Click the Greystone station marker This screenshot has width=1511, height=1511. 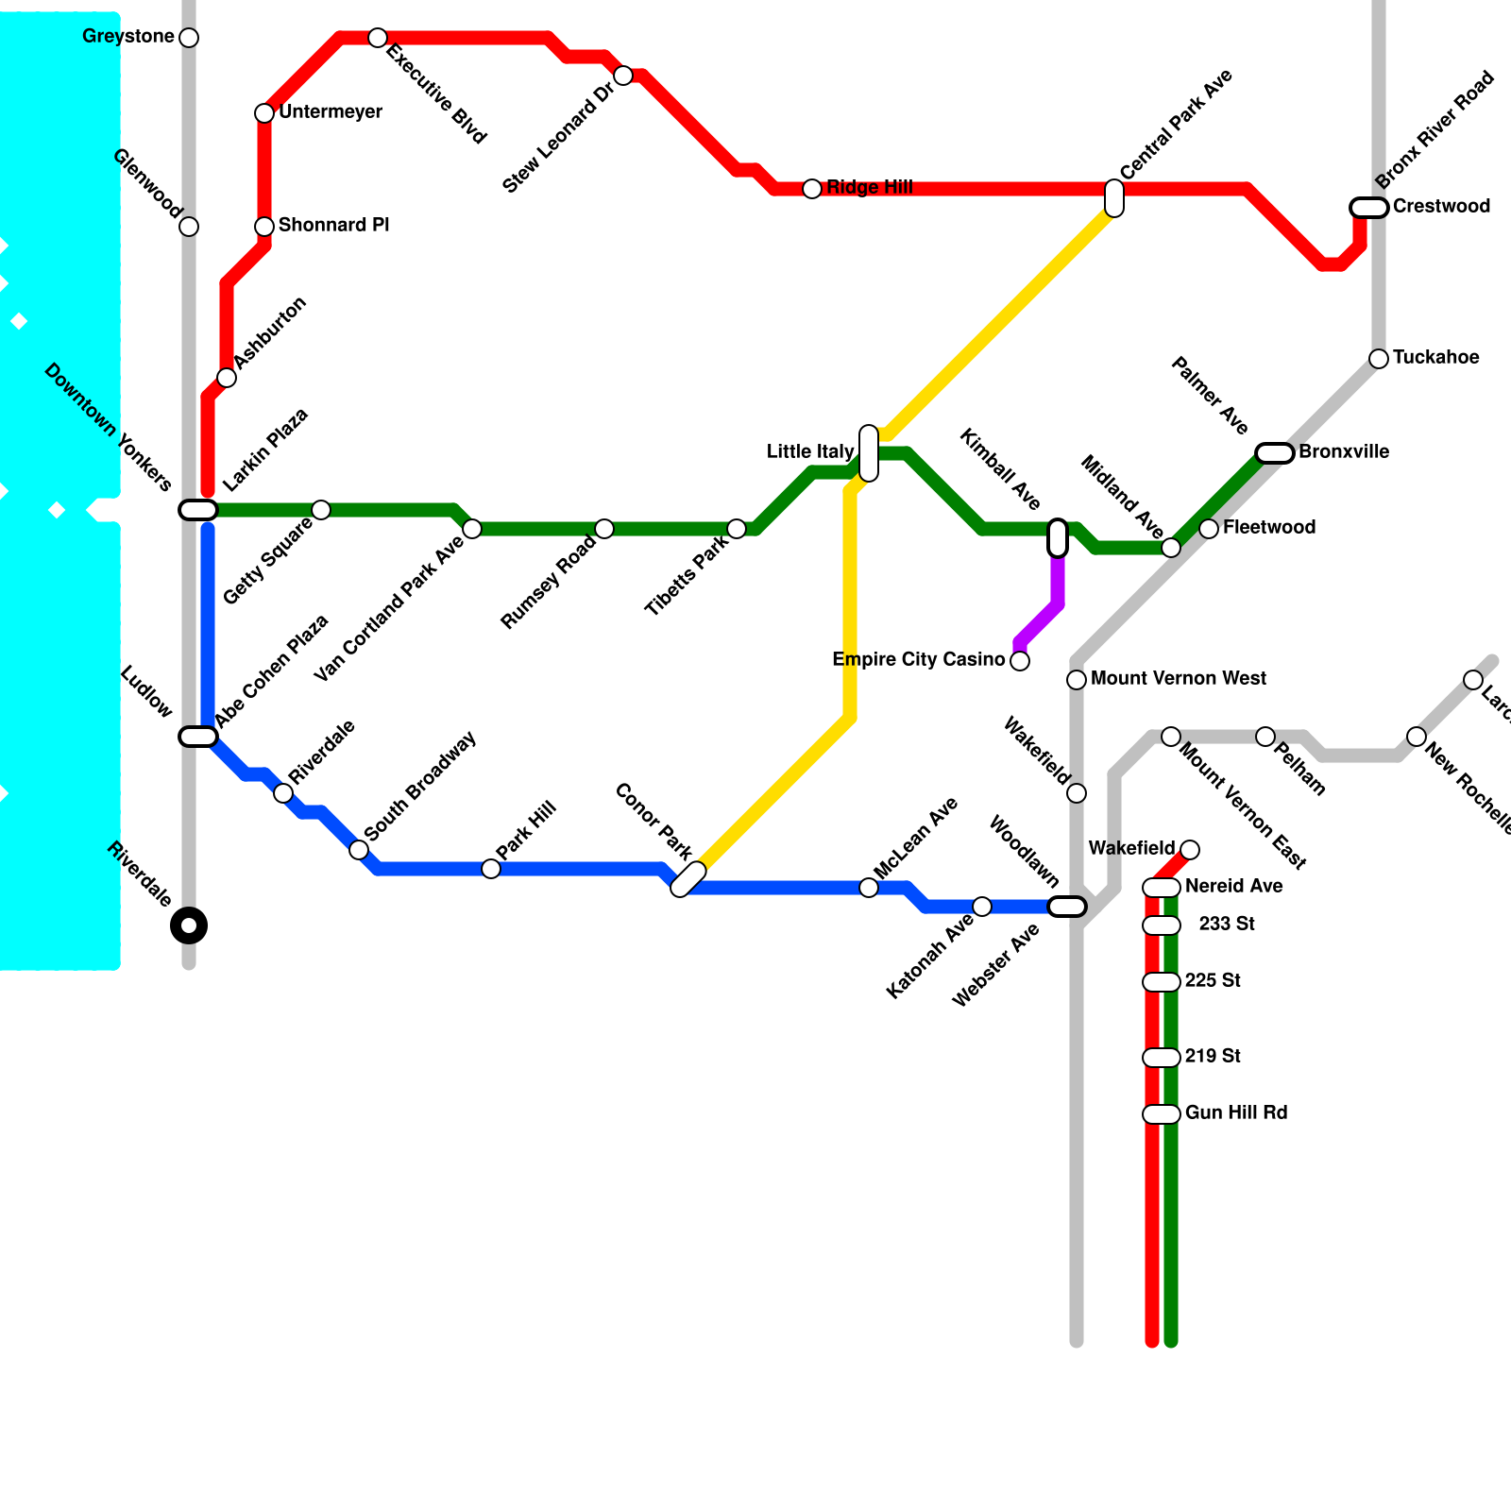[189, 38]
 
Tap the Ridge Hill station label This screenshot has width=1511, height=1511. [869, 188]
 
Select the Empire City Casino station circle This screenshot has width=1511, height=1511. [1020, 661]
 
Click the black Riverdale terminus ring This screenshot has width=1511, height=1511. [189, 925]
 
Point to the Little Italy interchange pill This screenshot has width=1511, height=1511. [869, 453]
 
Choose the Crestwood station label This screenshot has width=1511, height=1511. [1441, 207]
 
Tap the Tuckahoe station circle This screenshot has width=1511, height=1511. [1379, 359]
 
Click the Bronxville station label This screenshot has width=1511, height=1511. [1343, 452]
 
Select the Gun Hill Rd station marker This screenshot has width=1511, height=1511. [1162, 1114]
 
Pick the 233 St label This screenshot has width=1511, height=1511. [1226, 925]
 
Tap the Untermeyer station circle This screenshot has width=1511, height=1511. [264, 113]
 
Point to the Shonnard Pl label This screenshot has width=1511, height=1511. [333, 226]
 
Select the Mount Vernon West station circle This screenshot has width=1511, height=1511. [1077, 680]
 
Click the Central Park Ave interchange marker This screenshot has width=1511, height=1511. [1114, 198]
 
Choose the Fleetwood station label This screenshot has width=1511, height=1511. [1268, 528]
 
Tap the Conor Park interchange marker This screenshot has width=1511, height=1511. [688, 879]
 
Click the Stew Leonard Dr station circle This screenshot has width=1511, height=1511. [623, 76]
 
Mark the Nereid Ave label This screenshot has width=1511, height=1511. [1233, 887]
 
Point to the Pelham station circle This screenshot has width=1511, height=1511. [1265, 737]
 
